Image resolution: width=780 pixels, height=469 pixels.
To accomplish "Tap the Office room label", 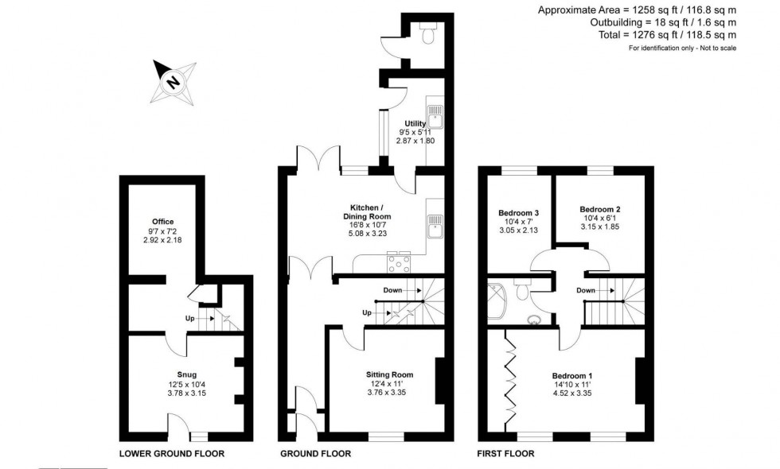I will point(162,222).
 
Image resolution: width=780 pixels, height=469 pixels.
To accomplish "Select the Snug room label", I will point(186,374).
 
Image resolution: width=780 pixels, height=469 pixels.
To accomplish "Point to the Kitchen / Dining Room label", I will point(367,211).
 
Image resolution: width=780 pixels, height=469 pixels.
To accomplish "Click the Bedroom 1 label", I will point(572,375).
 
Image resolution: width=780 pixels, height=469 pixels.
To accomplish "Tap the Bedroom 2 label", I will point(600,209).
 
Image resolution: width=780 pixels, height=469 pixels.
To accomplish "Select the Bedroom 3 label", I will point(519,213).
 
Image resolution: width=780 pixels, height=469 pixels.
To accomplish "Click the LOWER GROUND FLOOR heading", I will point(172,454).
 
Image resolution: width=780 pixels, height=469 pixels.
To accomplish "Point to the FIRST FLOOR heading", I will point(505,454).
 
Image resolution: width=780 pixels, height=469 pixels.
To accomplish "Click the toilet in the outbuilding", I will point(427,33).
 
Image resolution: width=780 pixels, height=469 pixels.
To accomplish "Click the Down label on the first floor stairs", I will point(586,290).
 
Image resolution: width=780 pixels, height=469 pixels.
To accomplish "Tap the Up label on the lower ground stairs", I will point(189,318).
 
